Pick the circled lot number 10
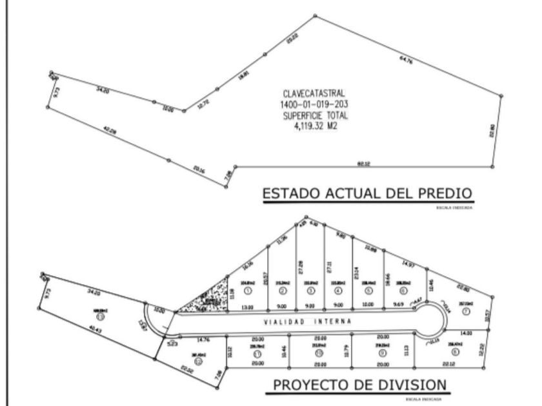pos(319,353)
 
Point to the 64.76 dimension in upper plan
pos(406,59)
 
